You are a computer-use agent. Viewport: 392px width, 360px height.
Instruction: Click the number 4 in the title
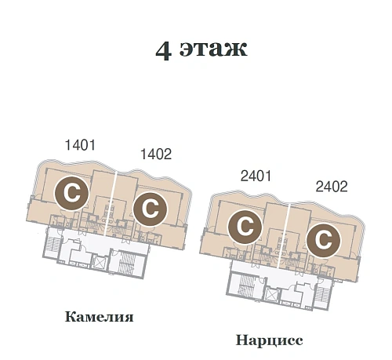tap(164, 50)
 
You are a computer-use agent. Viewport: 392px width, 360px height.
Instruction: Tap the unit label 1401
tap(79, 145)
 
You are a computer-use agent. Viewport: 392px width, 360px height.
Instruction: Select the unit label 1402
tap(155, 155)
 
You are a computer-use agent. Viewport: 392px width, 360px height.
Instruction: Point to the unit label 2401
tap(256, 176)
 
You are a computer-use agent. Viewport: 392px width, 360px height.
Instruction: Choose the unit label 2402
tap(331, 187)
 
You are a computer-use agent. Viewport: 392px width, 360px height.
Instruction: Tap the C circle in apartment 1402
tap(148, 208)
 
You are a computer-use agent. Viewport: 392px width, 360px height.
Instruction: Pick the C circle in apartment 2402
tap(322, 239)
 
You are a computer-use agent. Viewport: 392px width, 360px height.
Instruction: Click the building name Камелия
tap(100, 318)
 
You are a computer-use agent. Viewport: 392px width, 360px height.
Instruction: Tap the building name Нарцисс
tap(269, 340)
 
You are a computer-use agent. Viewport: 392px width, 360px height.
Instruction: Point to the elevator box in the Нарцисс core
tap(272, 295)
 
